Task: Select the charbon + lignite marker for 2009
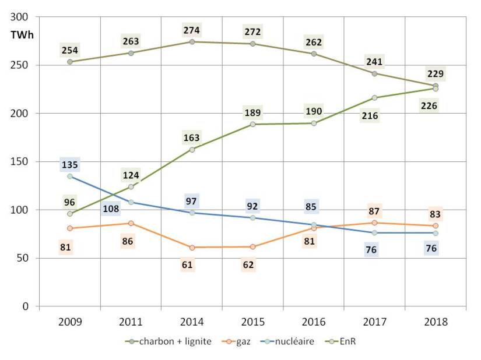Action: (70, 62)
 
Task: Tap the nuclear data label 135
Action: (70, 165)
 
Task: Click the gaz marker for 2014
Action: (192, 247)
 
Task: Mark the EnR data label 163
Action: (192, 138)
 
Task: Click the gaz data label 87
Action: (375, 211)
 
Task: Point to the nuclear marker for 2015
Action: (253, 218)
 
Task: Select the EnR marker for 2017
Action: (375, 98)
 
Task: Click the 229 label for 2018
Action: (435, 74)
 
